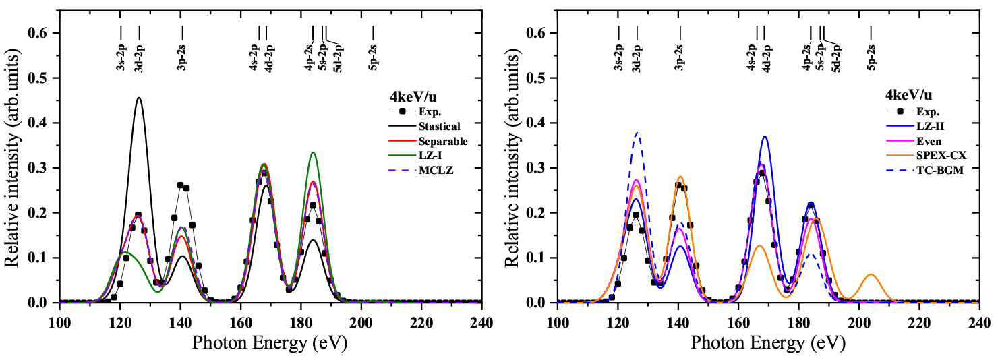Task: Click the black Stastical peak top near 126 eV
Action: click(x=139, y=98)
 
